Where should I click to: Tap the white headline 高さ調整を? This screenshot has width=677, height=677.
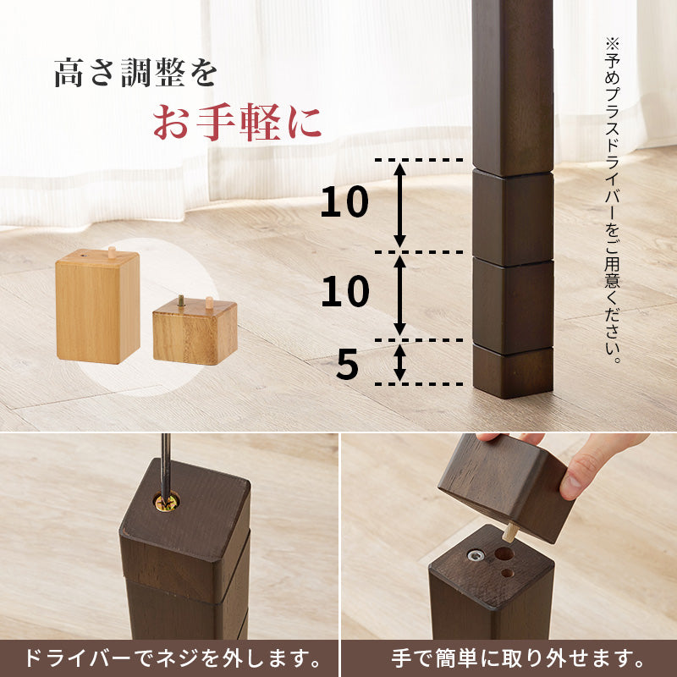pyautogui.click(x=135, y=73)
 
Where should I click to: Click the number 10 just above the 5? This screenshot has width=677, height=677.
pyautogui.click(x=344, y=292)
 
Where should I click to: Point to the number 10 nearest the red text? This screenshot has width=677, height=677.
pyautogui.click(x=344, y=203)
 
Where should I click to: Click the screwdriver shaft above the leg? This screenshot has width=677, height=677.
pyautogui.click(x=166, y=461)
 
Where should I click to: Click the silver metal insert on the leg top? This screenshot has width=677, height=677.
pyautogui.click(x=476, y=556)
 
